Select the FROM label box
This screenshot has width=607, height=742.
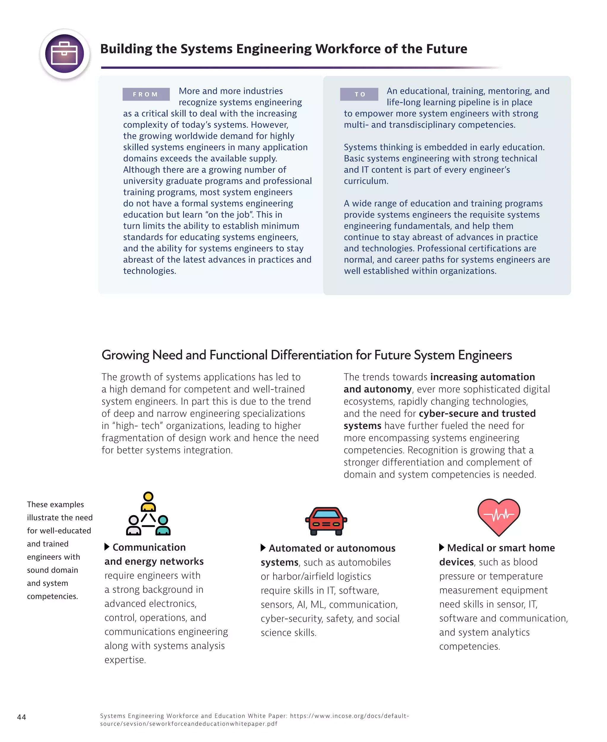(x=146, y=94)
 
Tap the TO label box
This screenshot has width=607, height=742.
(x=359, y=94)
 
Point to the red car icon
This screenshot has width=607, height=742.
(x=326, y=521)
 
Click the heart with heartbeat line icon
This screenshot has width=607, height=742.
(x=499, y=517)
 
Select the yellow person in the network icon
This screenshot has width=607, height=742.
(x=148, y=501)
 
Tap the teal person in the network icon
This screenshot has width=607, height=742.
(x=163, y=525)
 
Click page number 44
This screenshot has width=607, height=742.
(x=22, y=717)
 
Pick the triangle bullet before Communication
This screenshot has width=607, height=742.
(x=107, y=547)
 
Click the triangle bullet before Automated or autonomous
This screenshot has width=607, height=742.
(x=263, y=548)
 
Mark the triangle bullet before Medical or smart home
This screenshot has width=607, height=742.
(x=442, y=547)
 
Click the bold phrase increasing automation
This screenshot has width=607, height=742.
(x=483, y=377)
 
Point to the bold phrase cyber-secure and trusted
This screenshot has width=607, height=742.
(x=477, y=413)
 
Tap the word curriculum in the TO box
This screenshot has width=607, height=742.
(x=366, y=181)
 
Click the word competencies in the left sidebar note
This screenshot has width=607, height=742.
(x=52, y=596)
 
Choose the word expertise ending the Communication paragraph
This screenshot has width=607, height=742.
(x=125, y=660)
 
